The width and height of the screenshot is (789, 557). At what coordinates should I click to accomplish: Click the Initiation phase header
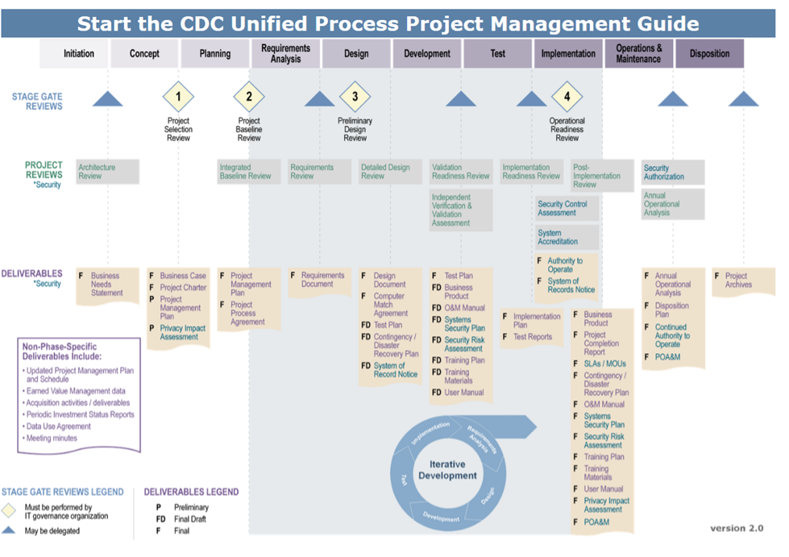click(79, 54)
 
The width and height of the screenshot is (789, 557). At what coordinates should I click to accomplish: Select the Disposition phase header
click(709, 54)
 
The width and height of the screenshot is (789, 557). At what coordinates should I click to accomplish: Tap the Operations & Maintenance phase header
click(638, 54)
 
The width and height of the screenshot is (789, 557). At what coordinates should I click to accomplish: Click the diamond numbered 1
click(178, 98)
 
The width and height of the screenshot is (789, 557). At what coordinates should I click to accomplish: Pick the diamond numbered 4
click(567, 98)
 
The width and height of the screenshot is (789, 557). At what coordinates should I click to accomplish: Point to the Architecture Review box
click(107, 172)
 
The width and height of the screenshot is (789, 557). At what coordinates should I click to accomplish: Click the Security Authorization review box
click(673, 172)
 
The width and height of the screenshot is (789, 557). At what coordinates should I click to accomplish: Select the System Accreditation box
click(567, 237)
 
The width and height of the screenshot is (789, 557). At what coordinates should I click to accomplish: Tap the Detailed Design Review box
click(390, 172)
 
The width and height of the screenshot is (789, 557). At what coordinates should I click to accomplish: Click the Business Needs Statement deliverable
click(106, 284)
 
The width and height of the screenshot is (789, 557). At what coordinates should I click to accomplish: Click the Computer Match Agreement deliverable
click(391, 305)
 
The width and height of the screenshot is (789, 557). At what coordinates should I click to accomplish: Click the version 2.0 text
click(737, 528)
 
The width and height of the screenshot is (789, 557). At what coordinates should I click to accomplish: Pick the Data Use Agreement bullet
click(58, 426)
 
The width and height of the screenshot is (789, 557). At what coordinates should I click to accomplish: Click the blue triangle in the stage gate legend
click(9, 530)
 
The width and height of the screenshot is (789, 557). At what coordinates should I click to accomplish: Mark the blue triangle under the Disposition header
click(743, 99)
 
